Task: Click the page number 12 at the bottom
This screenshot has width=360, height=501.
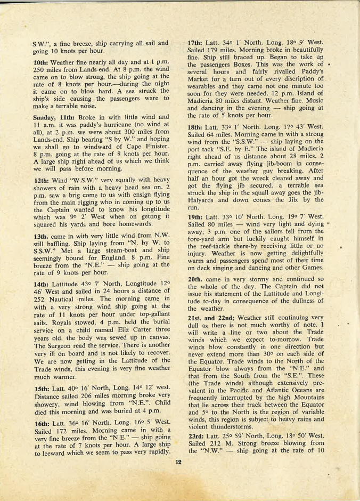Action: click(x=179, y=462)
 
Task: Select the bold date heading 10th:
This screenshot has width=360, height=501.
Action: click(x=42, y=63)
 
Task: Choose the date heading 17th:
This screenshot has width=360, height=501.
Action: click(x=197, y=42)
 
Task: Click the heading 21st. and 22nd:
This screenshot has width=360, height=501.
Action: click(x=211, y=318)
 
